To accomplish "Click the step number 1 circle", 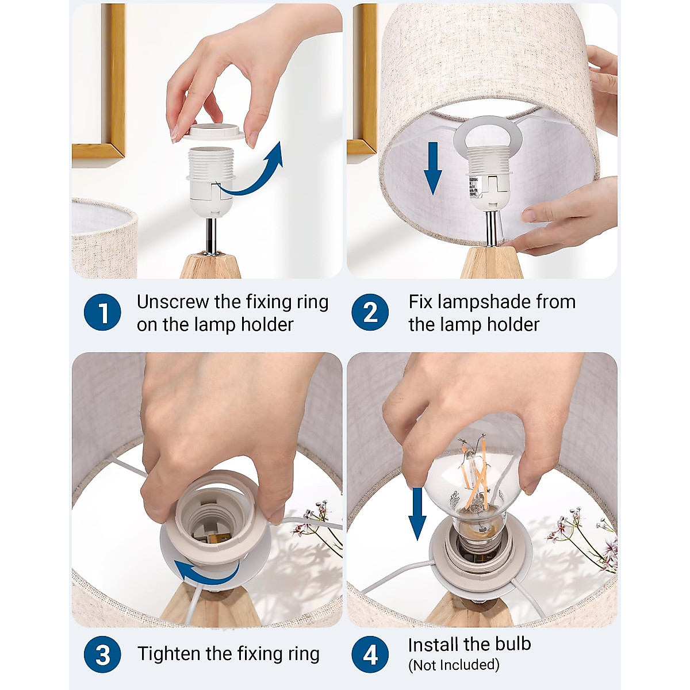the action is [102, 312].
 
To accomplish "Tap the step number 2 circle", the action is [370, 312].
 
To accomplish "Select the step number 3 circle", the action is [102, 654].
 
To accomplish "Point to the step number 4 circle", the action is [370, 654].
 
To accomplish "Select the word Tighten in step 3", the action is [169, 654].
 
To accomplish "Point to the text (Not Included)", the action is [454, 665].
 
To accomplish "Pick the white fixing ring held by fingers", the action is [214, 132].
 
